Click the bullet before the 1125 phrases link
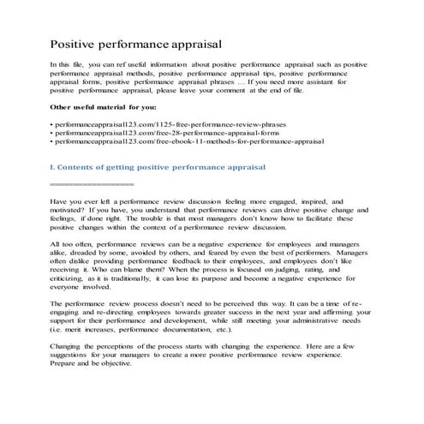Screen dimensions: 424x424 pyautogui.click(x=53, y=124)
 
